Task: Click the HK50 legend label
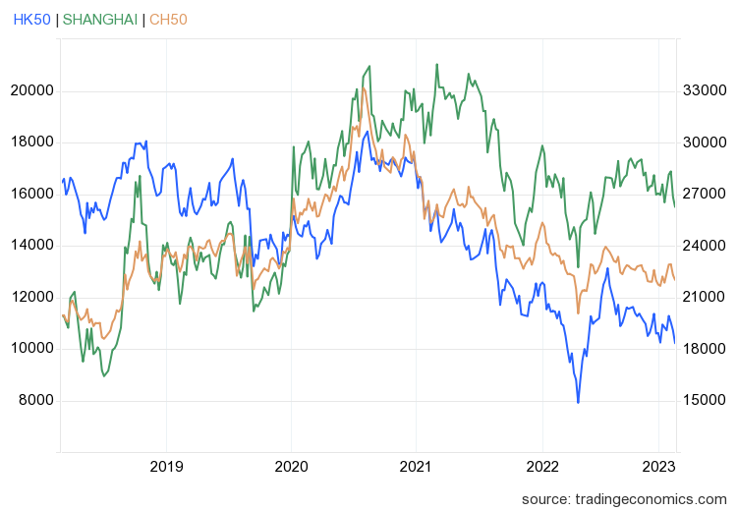click(x=31, y=20)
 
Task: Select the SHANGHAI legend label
click(x=100, y=20)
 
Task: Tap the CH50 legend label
click(x=168, y=20)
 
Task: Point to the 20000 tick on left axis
click(x=31, y=90)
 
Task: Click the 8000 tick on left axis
click(x=35, y=400)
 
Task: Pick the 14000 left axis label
click(x=31, y=246)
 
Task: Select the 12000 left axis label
click(x=31, y=297)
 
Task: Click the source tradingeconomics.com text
click(x=623, y=498)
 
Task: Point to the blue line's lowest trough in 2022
click(x=578, y=402)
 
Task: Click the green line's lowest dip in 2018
click(x=103, y=375)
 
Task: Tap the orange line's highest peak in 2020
click(x=364, y=88)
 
